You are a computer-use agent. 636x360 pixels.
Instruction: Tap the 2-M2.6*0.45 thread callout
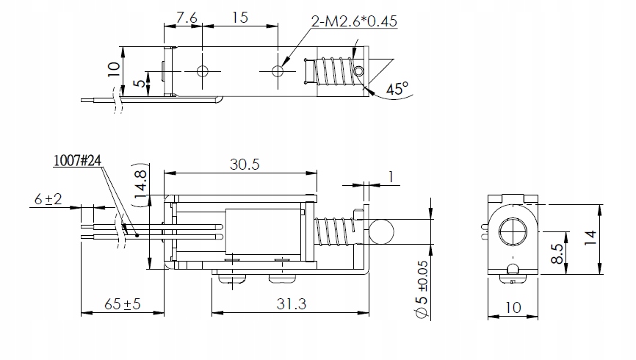(354, 21)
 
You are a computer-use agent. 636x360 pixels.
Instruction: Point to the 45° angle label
(397, 90)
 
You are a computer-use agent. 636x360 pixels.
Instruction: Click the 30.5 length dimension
(244, 165)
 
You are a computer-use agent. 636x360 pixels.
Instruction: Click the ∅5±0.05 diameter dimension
(422, 289)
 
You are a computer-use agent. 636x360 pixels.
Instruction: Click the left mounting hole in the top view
(203, 71)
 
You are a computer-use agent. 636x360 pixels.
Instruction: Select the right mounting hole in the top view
(278, 71)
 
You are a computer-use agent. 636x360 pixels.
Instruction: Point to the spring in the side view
(334, 232)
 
